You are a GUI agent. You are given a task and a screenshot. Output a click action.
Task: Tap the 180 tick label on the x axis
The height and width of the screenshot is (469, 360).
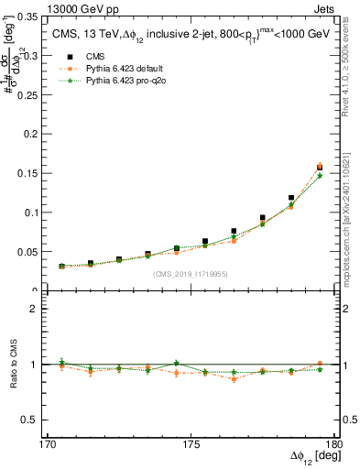(333, 444)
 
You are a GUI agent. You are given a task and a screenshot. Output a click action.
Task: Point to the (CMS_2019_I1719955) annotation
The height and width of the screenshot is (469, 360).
(191, 273)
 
